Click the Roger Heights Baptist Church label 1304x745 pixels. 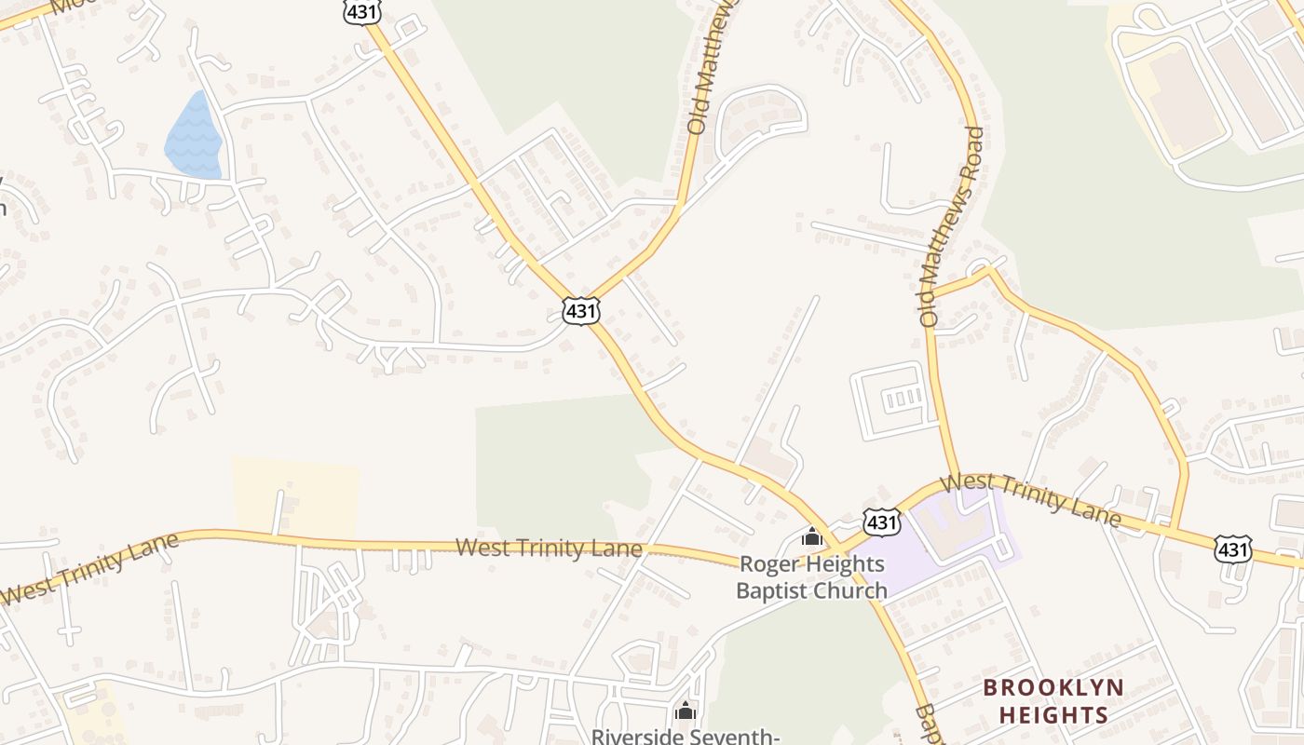pyautogui.click(x=811, y=577)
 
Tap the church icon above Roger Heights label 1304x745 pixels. pyautogui.click(x=812, y=536)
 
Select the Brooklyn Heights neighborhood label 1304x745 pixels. pyautogui.click(x=1053, y=701)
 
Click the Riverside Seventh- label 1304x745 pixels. pyautogui.click(x=686, y=736)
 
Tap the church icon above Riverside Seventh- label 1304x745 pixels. pyautogui.click(x=686, y=711)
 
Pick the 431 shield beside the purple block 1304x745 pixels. pyautogui.click(x=881, y=521)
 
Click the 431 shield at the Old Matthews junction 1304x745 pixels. pyautogui.click(x=580, y=310)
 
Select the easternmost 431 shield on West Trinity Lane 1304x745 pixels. pyautogui.click(x=1232, y=549)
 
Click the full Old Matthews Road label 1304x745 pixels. pyautogui.click(x=951, y=226)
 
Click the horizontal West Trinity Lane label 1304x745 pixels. pyautogui.click(x=549, y=549)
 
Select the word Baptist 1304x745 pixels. pyautogui.click(x=773, y=590)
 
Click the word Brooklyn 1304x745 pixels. pyautogui.click(x=1053, y=688)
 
